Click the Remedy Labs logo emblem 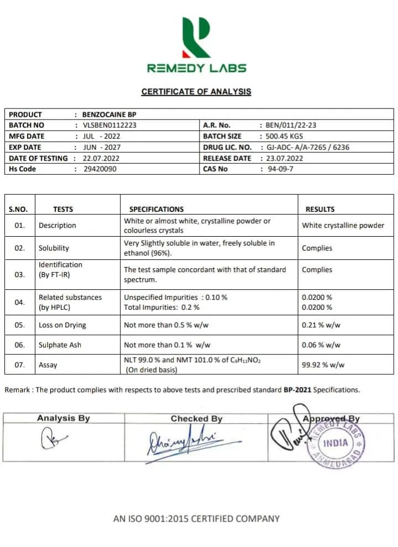pos(196,37)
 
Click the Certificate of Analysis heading pos(196,92)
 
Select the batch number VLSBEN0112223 pos(109,125)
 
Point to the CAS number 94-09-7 pos(281,169)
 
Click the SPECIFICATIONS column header pos(156,209)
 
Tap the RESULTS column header pos(320,209)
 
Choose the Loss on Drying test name pos(62,325)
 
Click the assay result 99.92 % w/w pos(323,365)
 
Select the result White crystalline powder pos(343,226)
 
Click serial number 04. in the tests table pos(20,303)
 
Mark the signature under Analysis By pos(53,440)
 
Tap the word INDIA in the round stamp pos(336,443)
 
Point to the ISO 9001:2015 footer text pos(196,519)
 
